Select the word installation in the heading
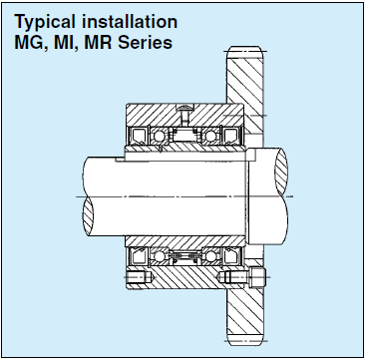click(x=130, y=22)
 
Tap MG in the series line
click(x=29, y=43)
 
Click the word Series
click(x=146, y=43)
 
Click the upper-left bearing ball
click(x=159, y=136)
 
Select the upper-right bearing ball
click(x=210, y=136)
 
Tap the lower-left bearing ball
click(x=160, y=256)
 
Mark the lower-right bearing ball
click(x=210, y=256)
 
